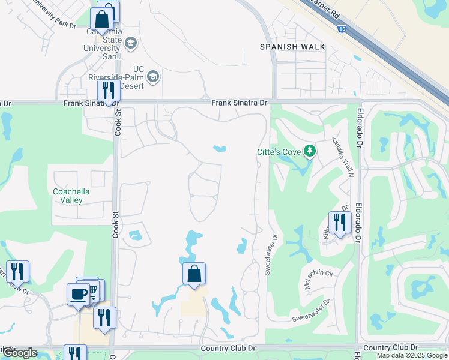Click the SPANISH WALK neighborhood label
click(x=292, y=47)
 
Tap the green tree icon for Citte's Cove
click(x=310, y=151)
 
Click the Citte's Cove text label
click(x=279, y=152)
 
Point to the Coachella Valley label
click(x=71, y=196)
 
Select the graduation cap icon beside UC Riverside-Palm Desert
click(x=153, y=76)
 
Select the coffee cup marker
click(x=78, y=294)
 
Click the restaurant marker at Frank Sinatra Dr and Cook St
click(x=109, y=91)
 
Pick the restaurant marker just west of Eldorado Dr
click(x=340, y=223)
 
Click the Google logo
click(x=20, y=353)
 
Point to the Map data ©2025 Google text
click(x=412, y=355)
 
